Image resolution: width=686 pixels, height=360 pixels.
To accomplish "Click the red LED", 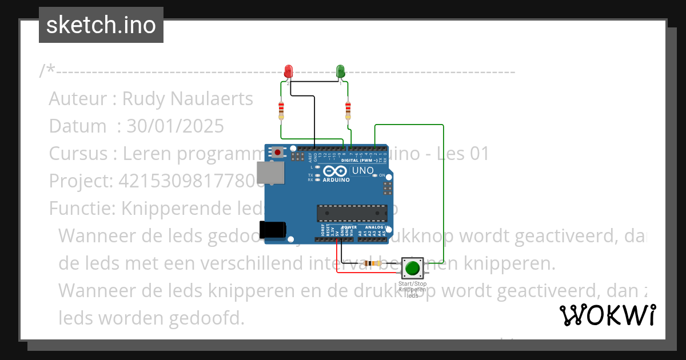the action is coord(289,71).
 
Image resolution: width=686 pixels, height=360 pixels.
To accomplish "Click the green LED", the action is coord(340,71).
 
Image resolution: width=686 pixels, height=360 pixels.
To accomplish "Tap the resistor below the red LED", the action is coord(281,109).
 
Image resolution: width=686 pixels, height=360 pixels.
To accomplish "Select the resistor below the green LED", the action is coord(348,109).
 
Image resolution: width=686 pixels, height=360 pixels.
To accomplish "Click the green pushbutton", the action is coord(412,267).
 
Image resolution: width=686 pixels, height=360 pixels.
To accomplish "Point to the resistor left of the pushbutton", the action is coord(374,263).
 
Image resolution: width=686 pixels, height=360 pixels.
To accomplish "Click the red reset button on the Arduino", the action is coord(278,152).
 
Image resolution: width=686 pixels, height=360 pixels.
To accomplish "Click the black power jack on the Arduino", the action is coord(272,229).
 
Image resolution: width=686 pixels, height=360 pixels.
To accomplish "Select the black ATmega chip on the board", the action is coord(352,213).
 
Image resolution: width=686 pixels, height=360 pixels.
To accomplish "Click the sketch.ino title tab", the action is coord(101,25).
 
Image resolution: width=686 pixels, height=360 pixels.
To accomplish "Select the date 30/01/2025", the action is coord(175,126).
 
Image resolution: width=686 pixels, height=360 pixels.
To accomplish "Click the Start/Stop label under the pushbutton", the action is coord(412,284).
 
